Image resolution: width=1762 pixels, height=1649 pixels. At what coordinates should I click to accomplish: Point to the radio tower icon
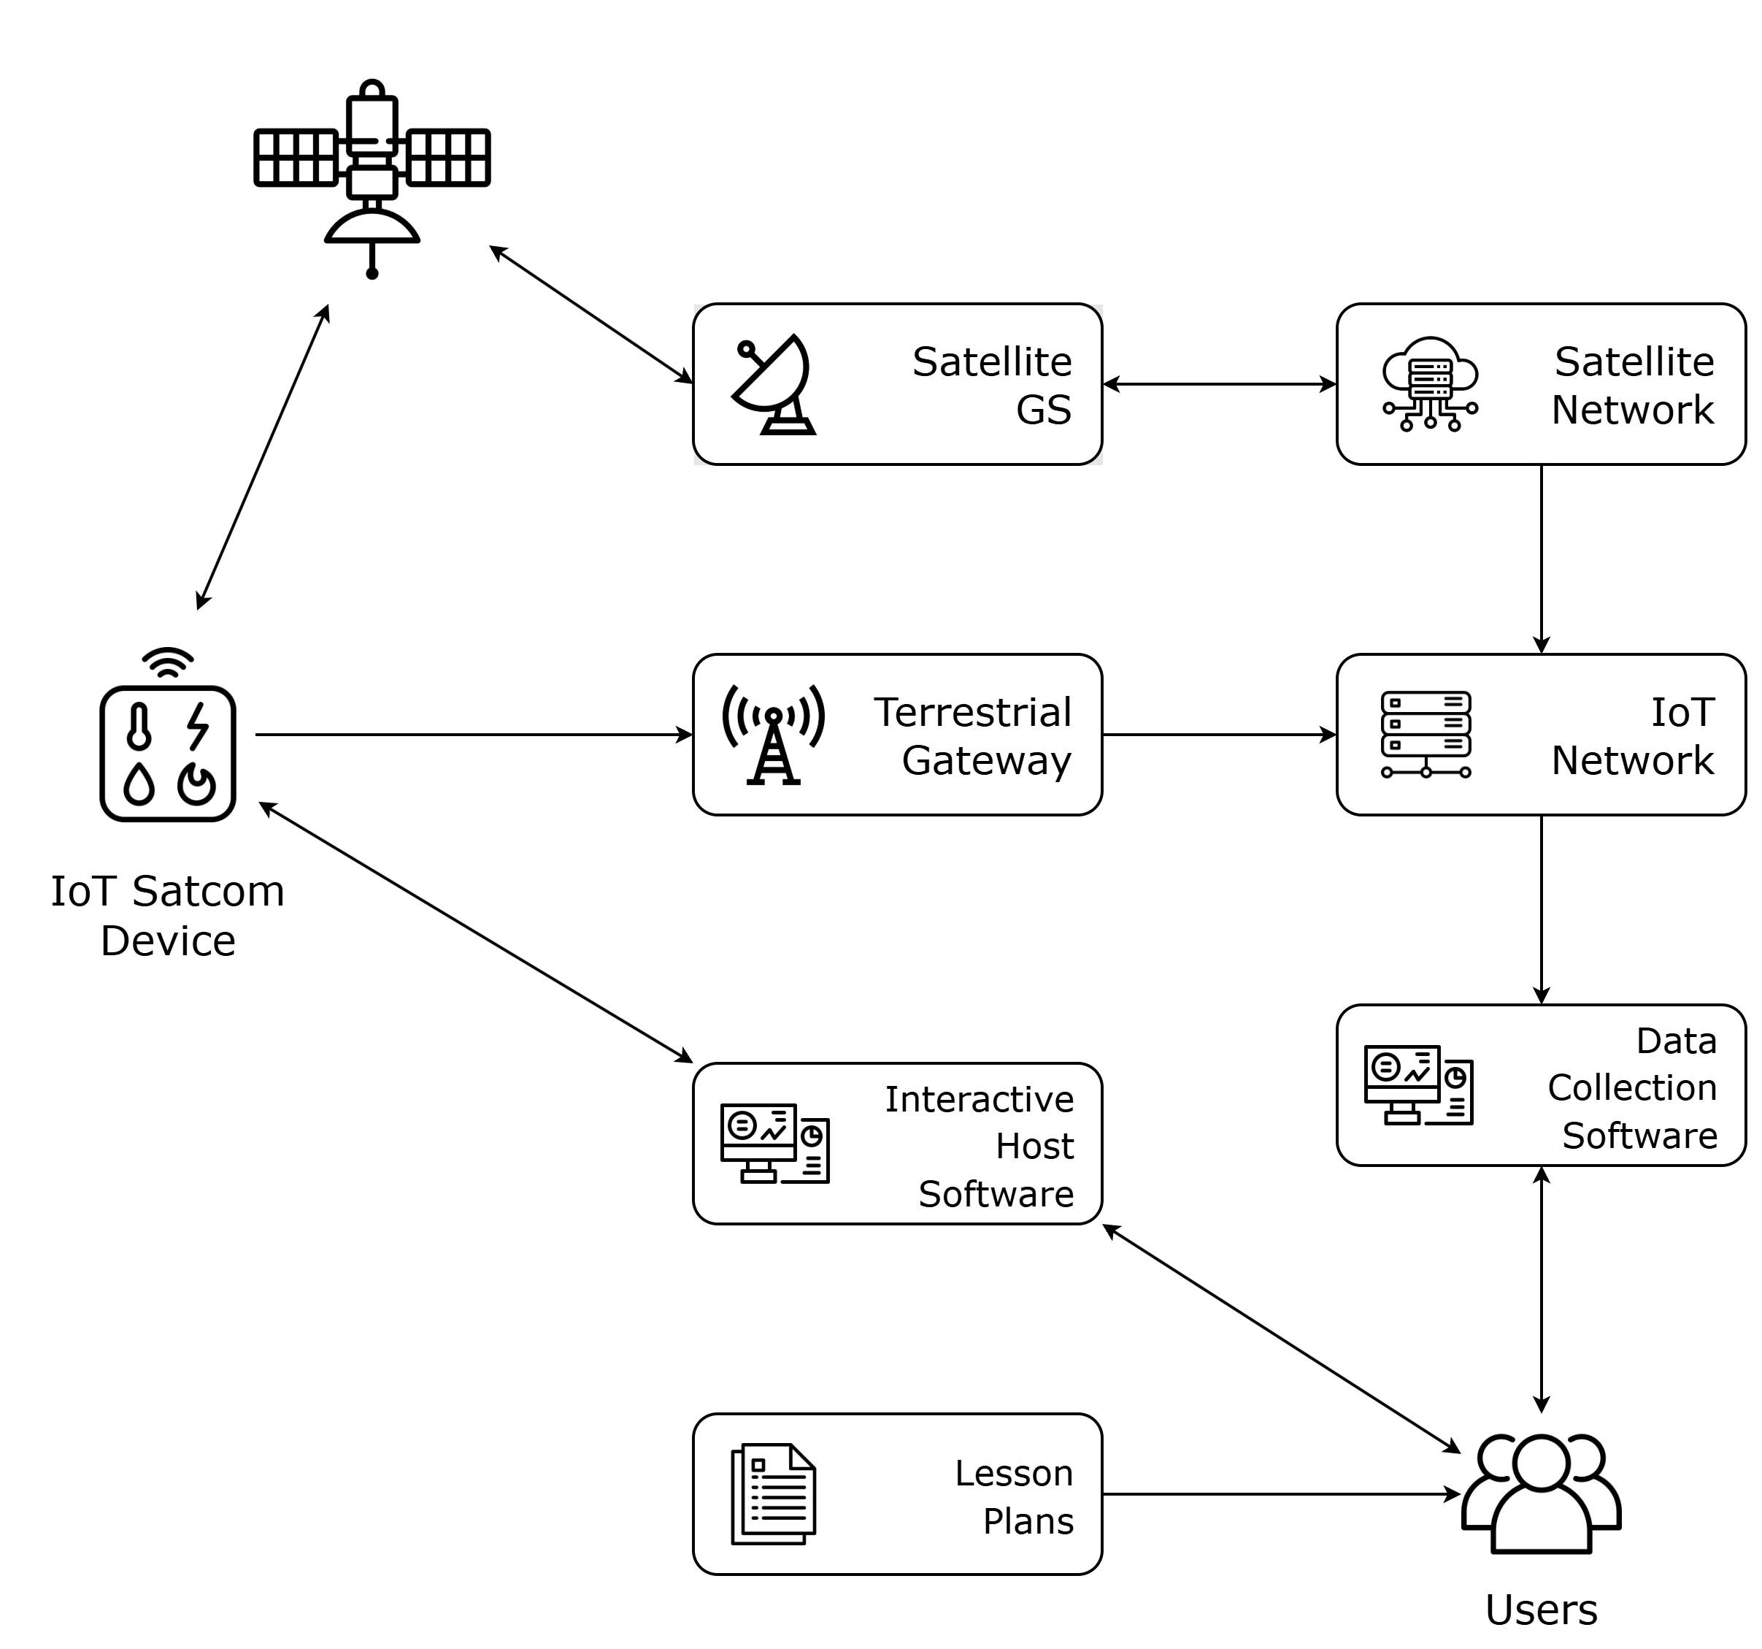pos(773,734)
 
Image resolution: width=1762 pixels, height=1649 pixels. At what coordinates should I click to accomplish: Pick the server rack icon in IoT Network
pos(1426,734)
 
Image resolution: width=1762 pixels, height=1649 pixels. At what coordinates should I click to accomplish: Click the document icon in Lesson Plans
pos(773,1494)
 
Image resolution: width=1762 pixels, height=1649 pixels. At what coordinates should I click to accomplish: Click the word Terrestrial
pos(972,712)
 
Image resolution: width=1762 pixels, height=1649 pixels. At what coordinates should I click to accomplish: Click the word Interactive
pos(979,1099)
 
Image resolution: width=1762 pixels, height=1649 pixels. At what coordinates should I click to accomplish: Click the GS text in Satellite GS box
pos(1043,410)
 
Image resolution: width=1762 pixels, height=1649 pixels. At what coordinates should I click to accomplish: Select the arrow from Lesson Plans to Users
pos(1281,1494)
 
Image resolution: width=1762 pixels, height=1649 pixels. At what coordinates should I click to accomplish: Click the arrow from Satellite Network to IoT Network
pos(1542,559)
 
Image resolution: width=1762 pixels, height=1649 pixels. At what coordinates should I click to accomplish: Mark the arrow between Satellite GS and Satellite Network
pos(1220,384)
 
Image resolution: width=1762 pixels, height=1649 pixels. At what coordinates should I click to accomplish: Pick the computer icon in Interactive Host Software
pos(774,1144)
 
